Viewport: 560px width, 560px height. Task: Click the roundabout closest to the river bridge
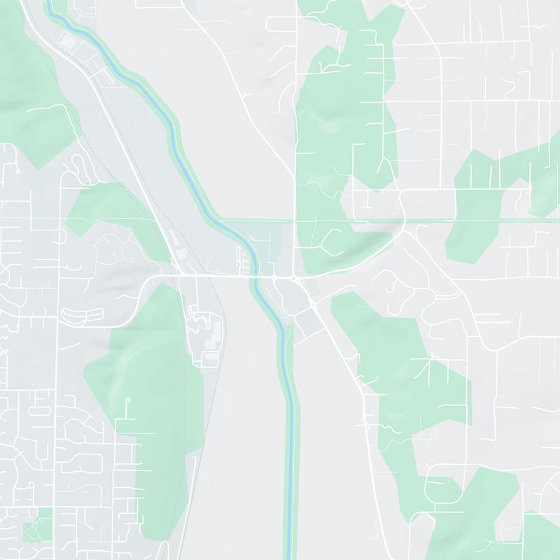point(274,279)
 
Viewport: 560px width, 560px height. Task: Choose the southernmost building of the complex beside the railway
point(209,358)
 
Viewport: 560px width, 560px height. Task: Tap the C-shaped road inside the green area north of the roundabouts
point(330,241)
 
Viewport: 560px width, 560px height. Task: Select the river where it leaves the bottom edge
point(290,556)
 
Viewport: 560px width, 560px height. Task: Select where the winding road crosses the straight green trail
point(405,221)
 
